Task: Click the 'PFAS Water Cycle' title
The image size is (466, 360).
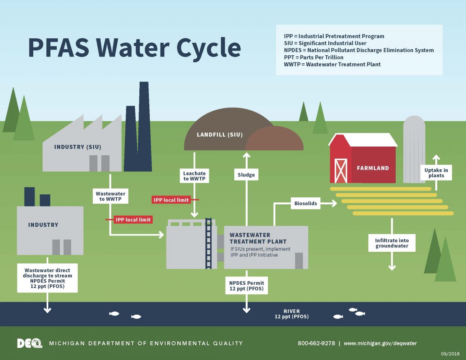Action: point(134,48)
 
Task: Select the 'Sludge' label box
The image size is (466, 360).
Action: point(246,175)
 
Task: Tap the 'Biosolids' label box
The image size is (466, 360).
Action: point(306,204)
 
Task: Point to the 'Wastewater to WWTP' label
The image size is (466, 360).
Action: point(110,196)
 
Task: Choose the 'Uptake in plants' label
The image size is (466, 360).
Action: point(436,173)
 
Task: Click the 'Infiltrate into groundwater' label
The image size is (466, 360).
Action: point(392,243)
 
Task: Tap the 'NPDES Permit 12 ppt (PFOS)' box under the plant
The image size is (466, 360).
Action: point(247,286)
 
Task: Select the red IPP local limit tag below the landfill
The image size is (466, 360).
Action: point(171,200)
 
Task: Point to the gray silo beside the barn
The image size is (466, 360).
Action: point(414,150)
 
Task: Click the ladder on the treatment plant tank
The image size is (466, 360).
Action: point(208,243)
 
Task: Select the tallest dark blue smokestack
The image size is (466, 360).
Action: point(144,125)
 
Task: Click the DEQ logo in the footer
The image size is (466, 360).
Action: point(30,343)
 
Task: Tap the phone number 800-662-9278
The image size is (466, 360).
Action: point(316,343)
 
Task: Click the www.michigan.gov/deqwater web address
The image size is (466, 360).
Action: point(380,343)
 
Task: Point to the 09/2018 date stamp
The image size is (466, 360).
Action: point(450,354)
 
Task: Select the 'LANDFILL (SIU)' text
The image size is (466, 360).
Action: point(220,134)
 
